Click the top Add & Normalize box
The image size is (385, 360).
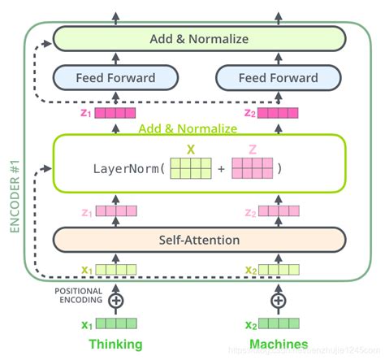(199, 38)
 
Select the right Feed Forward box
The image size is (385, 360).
(278, 78)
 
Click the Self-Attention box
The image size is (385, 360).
(199, 240)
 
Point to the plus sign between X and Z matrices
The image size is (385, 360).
(222, 170)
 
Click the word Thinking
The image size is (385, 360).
(115, 344)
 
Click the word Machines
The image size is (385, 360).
(279, 344)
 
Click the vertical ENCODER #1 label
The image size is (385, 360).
(14, 188)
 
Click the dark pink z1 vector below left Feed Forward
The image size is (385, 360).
(115, 113)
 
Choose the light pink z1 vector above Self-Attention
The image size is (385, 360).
(115, 211)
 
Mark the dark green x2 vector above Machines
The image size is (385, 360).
(279, 324)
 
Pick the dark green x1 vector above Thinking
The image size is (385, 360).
(115, 324)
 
